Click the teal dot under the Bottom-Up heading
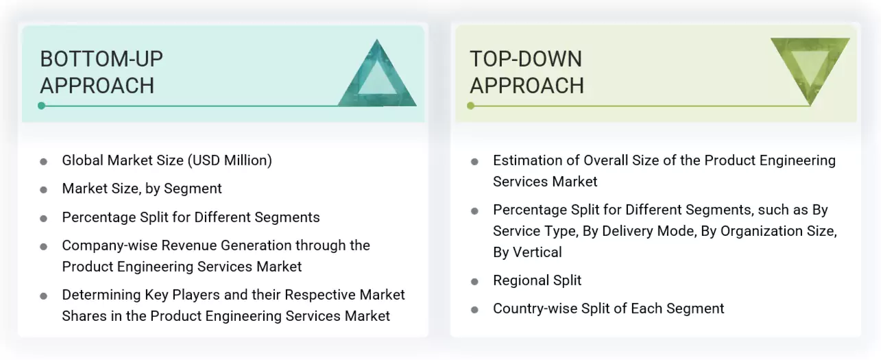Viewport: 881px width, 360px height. click(42, 106)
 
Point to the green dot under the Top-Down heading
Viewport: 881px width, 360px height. click(471, 106)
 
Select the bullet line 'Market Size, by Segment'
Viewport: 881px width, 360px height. click(142, 189)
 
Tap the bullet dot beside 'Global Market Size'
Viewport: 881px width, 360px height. click(44, 162)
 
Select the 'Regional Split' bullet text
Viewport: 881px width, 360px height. click(537, 280)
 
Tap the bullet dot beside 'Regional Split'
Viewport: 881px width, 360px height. click(474, 282)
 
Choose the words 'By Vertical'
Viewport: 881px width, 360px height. click(527, 252)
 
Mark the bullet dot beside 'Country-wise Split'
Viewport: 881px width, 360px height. click(474, 310)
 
